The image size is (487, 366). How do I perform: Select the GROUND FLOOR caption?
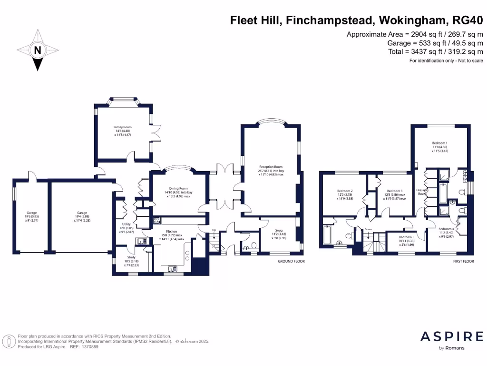coord(291,262)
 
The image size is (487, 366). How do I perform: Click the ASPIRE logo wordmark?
coord(452,337)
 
